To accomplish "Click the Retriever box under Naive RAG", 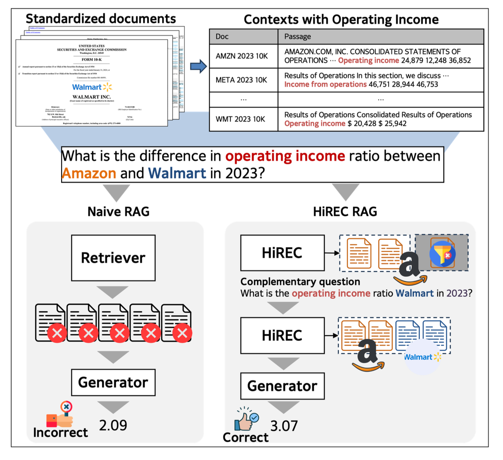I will (113, 258).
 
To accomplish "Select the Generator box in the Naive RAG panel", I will (113, 382).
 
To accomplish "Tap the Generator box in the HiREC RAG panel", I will (282, 386).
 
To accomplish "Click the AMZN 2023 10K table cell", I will (242, 56).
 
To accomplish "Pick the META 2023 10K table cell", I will (241, 80).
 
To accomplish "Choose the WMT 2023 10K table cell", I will (240, 119).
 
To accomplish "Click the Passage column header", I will (298, 37).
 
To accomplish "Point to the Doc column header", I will (222, 37).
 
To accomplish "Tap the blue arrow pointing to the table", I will (198, 66).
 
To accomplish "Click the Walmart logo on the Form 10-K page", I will (92, 87).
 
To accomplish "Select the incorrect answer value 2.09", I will (113, 425).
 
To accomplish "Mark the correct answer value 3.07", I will (284, 426).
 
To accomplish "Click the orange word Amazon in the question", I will (89, 174).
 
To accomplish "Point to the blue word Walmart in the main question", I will (177, 174).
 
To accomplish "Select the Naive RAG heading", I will (118, 212).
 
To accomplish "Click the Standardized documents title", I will (101, 19).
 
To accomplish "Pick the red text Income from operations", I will (325, 84).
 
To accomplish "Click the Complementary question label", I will (300, 282).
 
